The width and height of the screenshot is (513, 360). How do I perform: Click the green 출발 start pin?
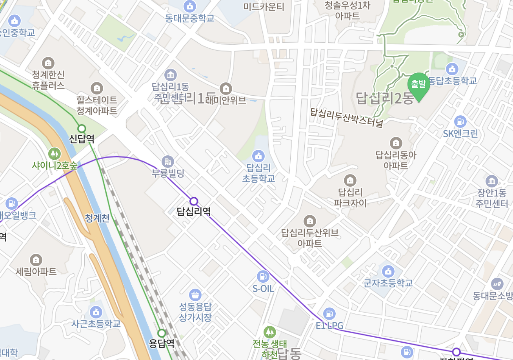click(418, 84)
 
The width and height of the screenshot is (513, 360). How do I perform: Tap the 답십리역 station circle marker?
click(193, 201)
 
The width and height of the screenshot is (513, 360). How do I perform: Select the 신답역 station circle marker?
click(82, 128)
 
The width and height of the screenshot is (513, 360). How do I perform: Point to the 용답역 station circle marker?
click(161, 333)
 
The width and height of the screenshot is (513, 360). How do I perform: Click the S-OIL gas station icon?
click(263, 276)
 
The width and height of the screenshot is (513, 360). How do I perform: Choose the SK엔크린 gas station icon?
click(460, 122)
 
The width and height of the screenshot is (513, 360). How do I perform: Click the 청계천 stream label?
click(97, 218)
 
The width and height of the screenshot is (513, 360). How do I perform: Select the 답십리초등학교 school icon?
click(258, 156)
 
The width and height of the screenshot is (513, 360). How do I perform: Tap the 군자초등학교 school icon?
click(388, 271)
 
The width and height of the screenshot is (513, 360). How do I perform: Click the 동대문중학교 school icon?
click(190, 6)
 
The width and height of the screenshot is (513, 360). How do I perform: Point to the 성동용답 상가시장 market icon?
click(195, 295)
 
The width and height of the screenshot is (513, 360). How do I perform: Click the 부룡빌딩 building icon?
click(168, 161)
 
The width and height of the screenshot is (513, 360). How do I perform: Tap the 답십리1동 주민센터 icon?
click(171, 75)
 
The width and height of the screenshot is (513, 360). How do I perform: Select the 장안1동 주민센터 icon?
click(491, 181)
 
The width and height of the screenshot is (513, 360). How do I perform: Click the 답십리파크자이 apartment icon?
click(350, 180)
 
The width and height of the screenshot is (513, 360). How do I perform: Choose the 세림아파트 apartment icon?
click(36, 259)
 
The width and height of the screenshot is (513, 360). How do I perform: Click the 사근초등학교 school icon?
click(96, 312)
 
